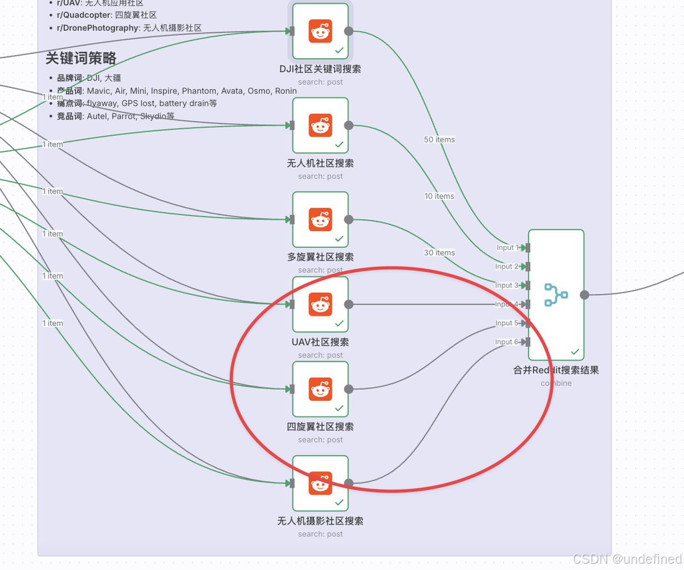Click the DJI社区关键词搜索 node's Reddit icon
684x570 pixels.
click(320, 31)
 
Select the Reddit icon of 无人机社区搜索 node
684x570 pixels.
click(320, 125)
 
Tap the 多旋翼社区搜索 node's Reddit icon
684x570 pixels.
click(320, 219)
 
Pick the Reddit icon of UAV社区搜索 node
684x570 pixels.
click(320, 304)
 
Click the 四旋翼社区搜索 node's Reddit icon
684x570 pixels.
click(320, 389)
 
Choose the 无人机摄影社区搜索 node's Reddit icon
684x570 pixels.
click(320, 483)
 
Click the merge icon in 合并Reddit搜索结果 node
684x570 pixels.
click(556, 295)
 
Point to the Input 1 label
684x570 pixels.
click(507, 248)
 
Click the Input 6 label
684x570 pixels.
click(507, 342)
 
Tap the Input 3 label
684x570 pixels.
click(507, 285)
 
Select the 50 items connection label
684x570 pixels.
click(439, 140)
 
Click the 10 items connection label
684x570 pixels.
click(439, 196)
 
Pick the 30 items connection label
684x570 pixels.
click(439, 252)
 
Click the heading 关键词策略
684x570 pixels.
click(81, 58)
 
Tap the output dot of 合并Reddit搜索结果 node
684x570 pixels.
click(584, 294)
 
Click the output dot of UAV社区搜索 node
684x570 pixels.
click(349, 304)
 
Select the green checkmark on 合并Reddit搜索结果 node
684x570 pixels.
click(575, 352)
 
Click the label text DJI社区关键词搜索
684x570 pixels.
click(320, 69)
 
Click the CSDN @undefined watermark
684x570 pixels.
click(626, 559)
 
